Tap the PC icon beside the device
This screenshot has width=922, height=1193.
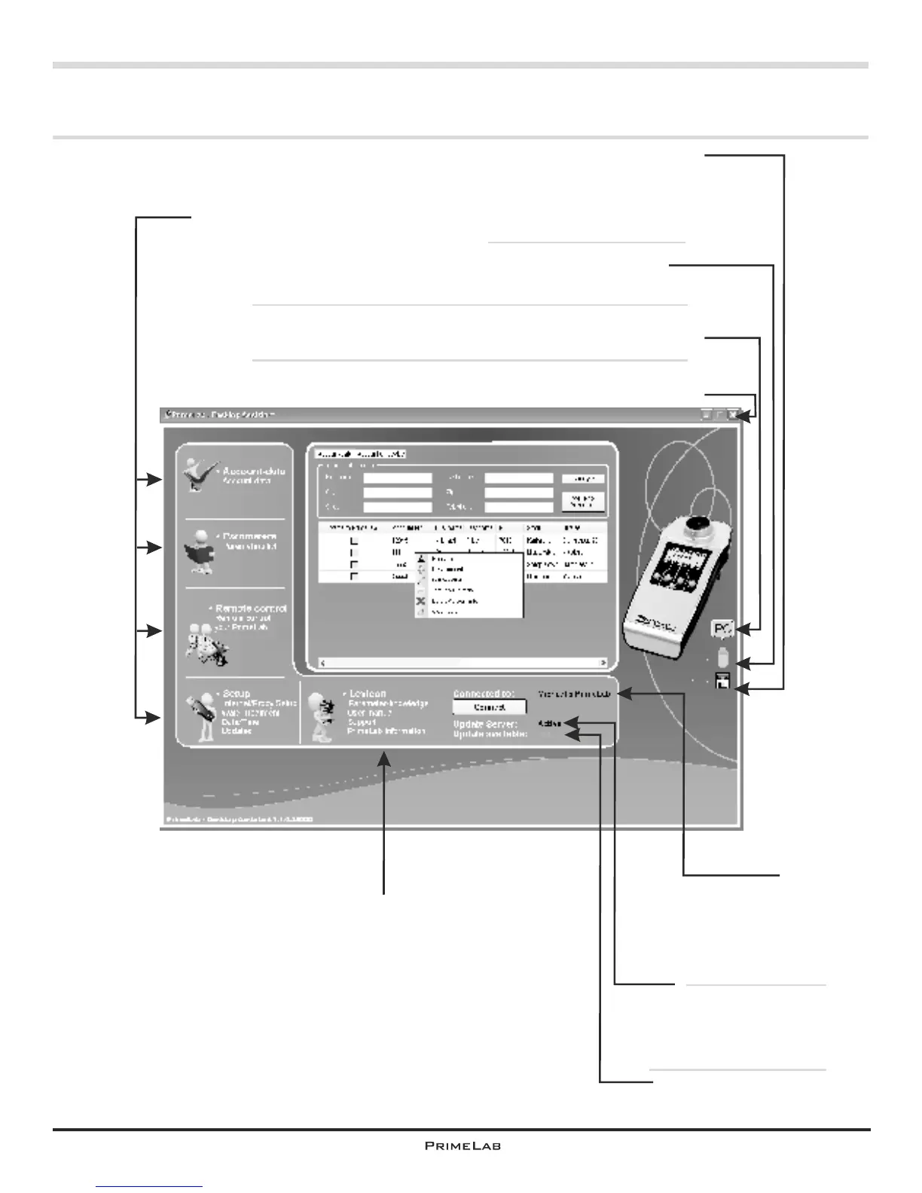click(722, 628)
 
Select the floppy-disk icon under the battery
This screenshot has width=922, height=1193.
click(723, 682)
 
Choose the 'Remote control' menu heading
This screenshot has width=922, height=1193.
click(251, 608)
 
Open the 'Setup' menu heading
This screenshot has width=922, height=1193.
click(237, 693)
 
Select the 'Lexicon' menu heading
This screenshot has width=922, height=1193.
click(368, 693)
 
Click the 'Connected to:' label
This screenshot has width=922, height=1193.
click(483, 693)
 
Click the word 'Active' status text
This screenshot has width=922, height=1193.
click(550, 724)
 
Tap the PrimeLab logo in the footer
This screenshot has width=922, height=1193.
click(463, 1146)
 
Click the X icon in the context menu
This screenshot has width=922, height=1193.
click(422, 601)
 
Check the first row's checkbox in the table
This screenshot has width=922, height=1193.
click(354, 541)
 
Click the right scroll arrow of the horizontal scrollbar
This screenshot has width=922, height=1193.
click(603, 663)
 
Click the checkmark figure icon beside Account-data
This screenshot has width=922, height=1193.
click(198, 475)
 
